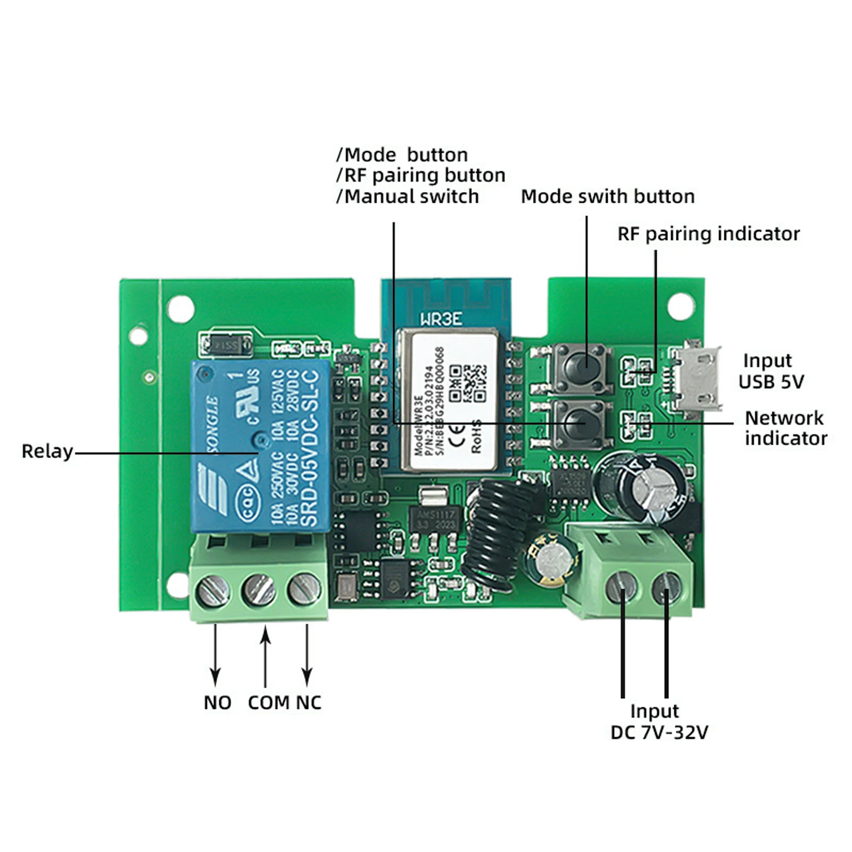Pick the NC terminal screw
304,589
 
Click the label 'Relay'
47,451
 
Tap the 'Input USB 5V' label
771,371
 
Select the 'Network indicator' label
785,428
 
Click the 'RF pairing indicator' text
708,234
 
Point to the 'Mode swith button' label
608,196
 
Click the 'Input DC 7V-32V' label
659,722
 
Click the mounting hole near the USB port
681,307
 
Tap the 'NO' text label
217,702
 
